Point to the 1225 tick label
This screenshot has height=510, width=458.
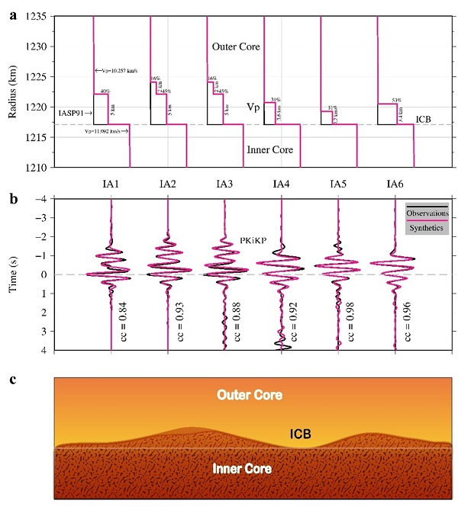(36, 77)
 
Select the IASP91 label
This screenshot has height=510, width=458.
(71, 114)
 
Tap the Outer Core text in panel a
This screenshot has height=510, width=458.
(236, 47)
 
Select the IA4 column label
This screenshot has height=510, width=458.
(281, 184)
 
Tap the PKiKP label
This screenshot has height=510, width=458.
(253, 239)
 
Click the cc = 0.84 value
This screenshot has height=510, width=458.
(131, 319)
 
